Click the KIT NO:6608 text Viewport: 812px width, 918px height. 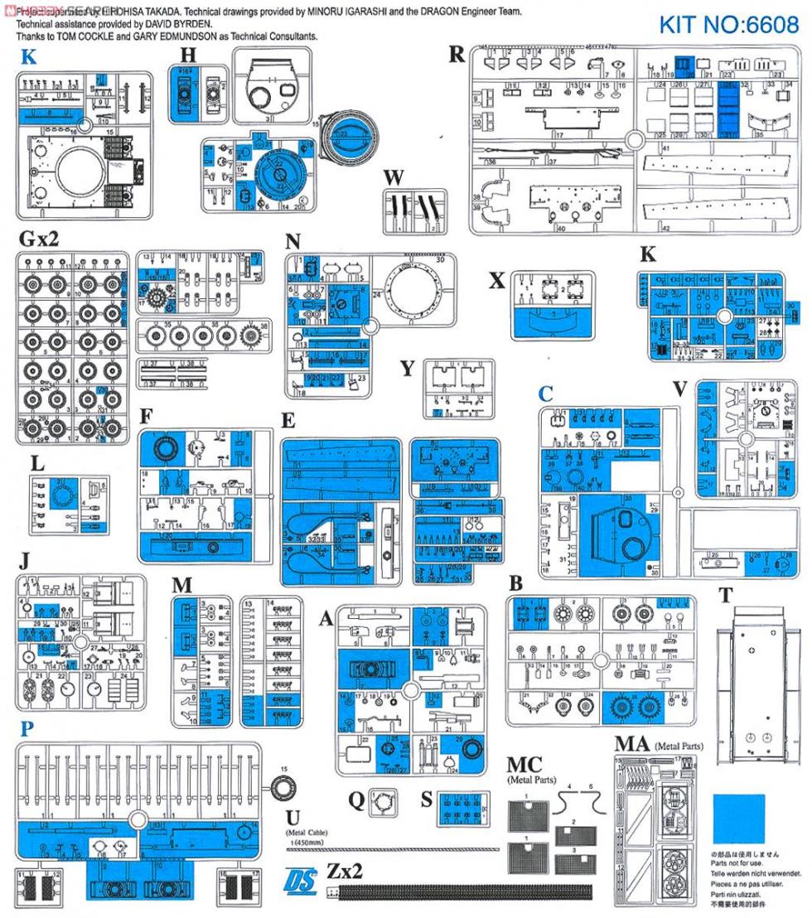click(x=729, y=25)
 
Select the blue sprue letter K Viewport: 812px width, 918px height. click(x=29, y=58)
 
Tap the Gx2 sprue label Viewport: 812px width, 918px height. click(x=38, y=239)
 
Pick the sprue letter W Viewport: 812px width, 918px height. click(x=394, y=177)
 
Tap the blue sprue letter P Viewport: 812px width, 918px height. click(x=27, y=729)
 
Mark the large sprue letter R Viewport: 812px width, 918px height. click(x=457, y=55)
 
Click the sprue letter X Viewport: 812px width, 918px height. click(x=497, y=280)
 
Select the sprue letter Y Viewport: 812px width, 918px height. click(x=407, y=368)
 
